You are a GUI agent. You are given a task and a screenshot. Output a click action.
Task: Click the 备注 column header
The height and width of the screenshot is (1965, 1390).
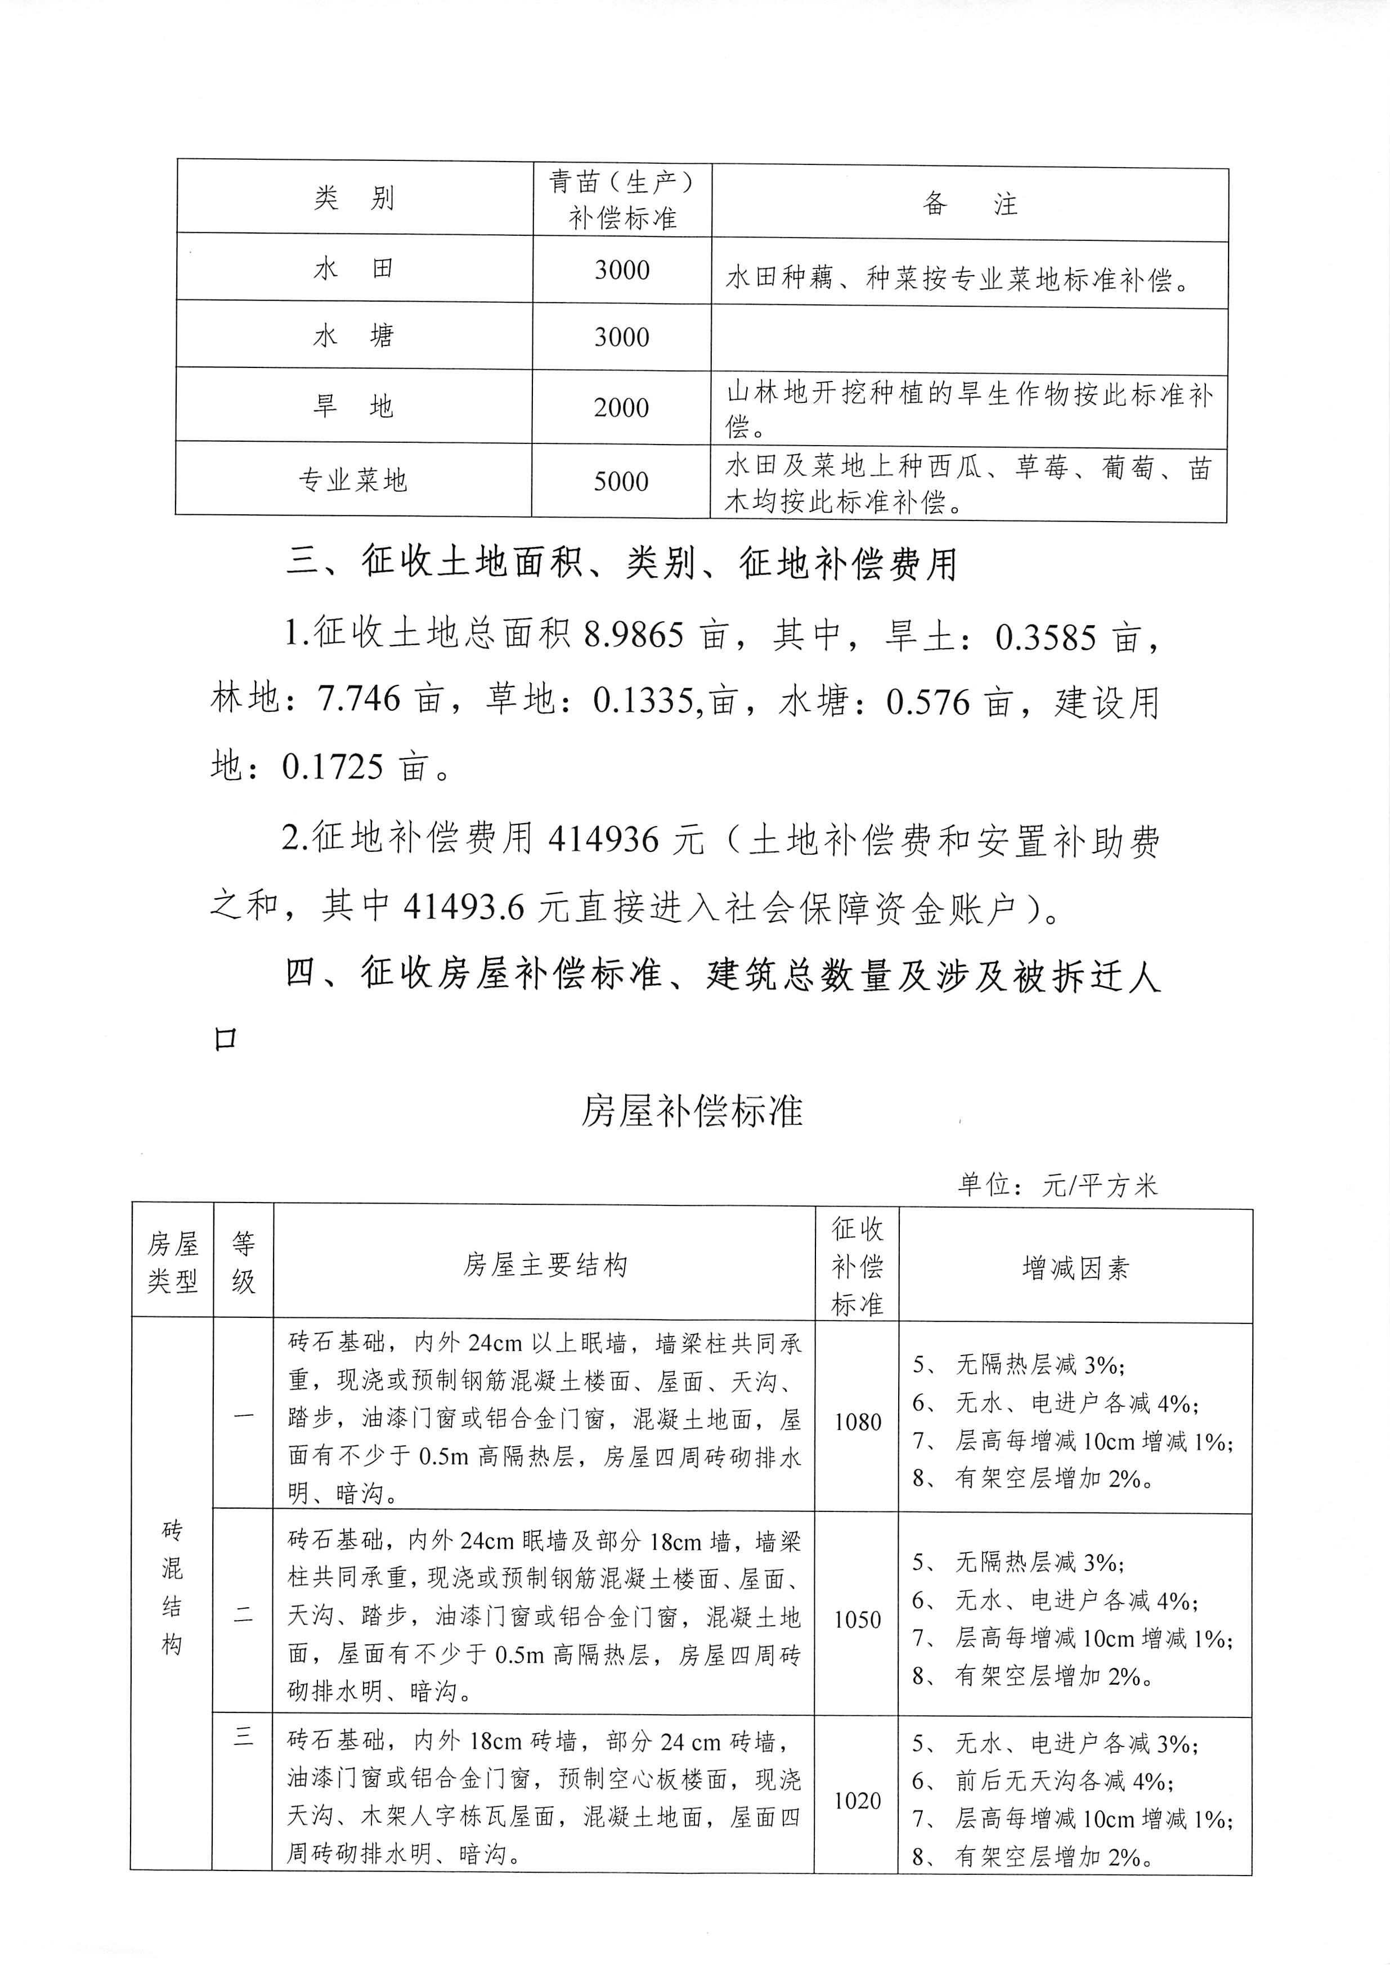click(970, 204)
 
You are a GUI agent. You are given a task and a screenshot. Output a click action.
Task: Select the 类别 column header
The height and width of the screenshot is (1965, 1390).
click(353, 199)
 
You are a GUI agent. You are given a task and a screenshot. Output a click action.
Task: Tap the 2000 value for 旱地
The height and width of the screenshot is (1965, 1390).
click(621, 407)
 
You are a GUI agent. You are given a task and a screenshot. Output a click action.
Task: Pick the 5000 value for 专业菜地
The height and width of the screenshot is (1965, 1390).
click(621, 481)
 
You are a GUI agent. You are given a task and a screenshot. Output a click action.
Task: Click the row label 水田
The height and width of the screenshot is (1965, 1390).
click(353, 270)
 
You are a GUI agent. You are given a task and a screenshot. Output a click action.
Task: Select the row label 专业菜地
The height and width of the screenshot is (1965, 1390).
click(353, 480)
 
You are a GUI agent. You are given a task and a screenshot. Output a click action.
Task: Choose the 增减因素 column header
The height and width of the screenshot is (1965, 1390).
click(1075, 1267)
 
